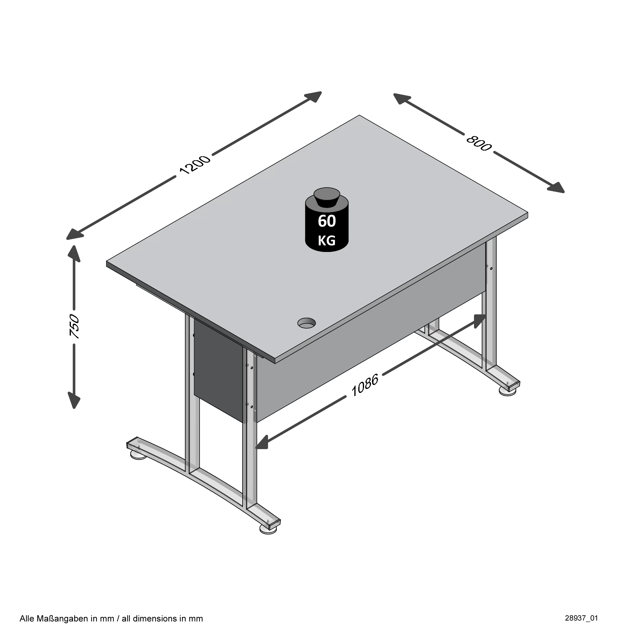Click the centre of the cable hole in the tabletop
tap(306, 323)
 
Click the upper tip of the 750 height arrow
tap(74, 246)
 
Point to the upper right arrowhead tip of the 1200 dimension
tap(321, 92)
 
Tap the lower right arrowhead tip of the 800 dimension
tap(564, 193)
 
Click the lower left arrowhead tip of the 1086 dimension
tap(256, 448)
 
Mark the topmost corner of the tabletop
tap(359, 115)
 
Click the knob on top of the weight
tap(326, 197)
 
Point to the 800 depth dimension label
tap(479, 143)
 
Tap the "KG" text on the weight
tap(326, 241)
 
